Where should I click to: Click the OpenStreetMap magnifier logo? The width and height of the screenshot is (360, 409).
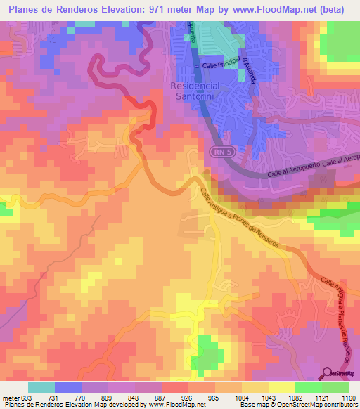pyautogui.click(x=329, y=373)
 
